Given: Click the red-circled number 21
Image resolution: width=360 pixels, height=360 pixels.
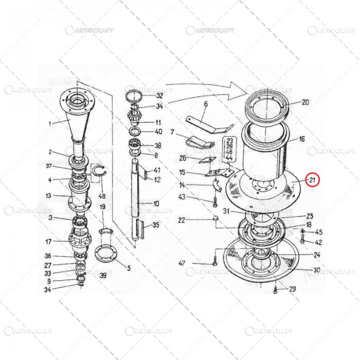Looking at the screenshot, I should coord(312,179).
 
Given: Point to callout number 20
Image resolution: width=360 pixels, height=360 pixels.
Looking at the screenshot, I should coord(305,102).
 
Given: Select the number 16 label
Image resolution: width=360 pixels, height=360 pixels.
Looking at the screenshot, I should coord(302,139).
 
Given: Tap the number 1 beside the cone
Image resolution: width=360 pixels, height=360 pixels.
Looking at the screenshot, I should coord(50,123).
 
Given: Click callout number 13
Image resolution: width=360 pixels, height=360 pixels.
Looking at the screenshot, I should coord(48,195).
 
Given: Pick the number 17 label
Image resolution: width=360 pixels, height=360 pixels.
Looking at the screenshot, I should coord(48,242).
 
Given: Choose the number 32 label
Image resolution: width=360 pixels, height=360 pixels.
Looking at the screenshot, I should coord(159,96).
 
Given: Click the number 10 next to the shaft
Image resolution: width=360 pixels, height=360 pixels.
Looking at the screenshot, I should coord(156,204).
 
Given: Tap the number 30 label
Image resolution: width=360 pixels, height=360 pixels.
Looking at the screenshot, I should coord(317,270).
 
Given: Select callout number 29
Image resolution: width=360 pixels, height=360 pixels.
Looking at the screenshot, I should coord(292,289).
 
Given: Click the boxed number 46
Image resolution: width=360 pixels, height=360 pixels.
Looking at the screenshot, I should coord(229,153).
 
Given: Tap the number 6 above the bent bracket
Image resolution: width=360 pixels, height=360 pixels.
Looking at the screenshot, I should coord(205,104).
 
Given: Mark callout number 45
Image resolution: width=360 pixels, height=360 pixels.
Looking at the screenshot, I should coord(319,232).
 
